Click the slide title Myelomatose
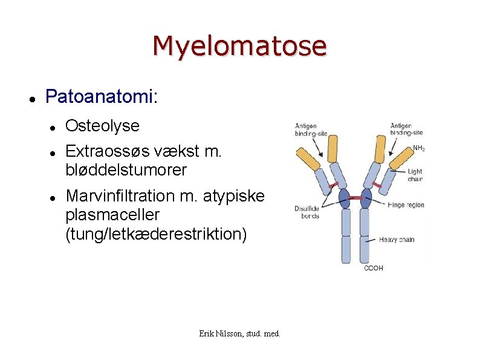click(x=239, y=45)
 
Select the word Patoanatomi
click(x=100, y=96)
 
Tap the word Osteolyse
click(x=102, y=126)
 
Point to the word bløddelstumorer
click(x=126, y=170)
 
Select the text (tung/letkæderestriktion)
click(x=156, y=235)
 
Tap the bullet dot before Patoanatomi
click(x=33, y=97)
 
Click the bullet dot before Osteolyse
click(x=53, y=127)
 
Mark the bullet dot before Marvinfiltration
click(x=53, y=197)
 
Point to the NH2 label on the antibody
click(x=418, y=148)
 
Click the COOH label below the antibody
click(x=373, y=267)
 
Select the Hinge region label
click(x=406, y=205)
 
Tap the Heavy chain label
click(x=397, y=240)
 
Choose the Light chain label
click(x=415, y=175)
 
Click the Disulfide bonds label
click(x=307, y=212)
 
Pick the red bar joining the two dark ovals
click(x=355, y=198)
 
